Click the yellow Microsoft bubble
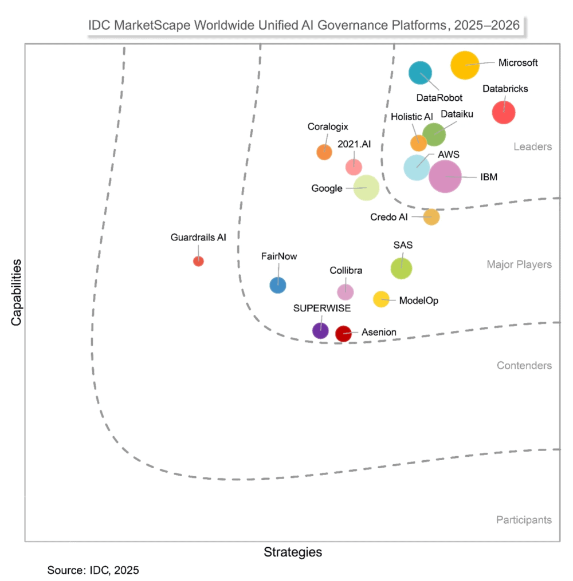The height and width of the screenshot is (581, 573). pyautogui.click(x=465, y=65)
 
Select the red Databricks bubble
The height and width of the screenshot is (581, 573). pyautogui.click(x=504, y=112)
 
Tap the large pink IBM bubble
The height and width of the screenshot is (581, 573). pyautogui.click(x=445, y=176)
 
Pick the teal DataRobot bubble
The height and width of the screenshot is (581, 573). pyautogui.click(x=420, y=73)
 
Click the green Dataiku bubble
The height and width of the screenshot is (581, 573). pyautogui.click(x=434, y=134)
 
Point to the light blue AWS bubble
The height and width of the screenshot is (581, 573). pyautogui.click(x=417, y=167)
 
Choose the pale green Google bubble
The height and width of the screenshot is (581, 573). pyautogui.click(x=366, y=188)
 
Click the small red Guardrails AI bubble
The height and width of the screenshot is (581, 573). pyautogui.click(x=198, y=261)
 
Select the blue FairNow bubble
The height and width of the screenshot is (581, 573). pyautogui.click(x=278, y=284)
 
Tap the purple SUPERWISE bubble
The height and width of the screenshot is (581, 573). pyautogui.click(x=320, y=330)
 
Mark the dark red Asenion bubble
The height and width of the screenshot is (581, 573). pyautogui.click(x=343, y=333)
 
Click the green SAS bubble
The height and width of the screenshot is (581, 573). pyautogui.click(x=401, y=267)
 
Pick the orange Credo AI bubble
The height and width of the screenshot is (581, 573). pyautogui.click(x=431, y=217)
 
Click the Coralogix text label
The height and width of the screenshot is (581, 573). pyautogui.click(x=328, y=127)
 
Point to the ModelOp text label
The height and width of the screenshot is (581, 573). pyautogui.click(x=418, y=300)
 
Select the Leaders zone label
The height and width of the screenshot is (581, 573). pyautogui.click(x=532, y=147)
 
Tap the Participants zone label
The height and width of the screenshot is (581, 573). pyautogui.click(x=524, y=520)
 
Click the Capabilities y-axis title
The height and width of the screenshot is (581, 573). pyautogui.click(x=16, y=293)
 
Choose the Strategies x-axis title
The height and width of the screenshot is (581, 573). pyautogui.click(x=293, y=552)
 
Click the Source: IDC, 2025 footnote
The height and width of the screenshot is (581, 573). pyautogui.click(x=93, y=570)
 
